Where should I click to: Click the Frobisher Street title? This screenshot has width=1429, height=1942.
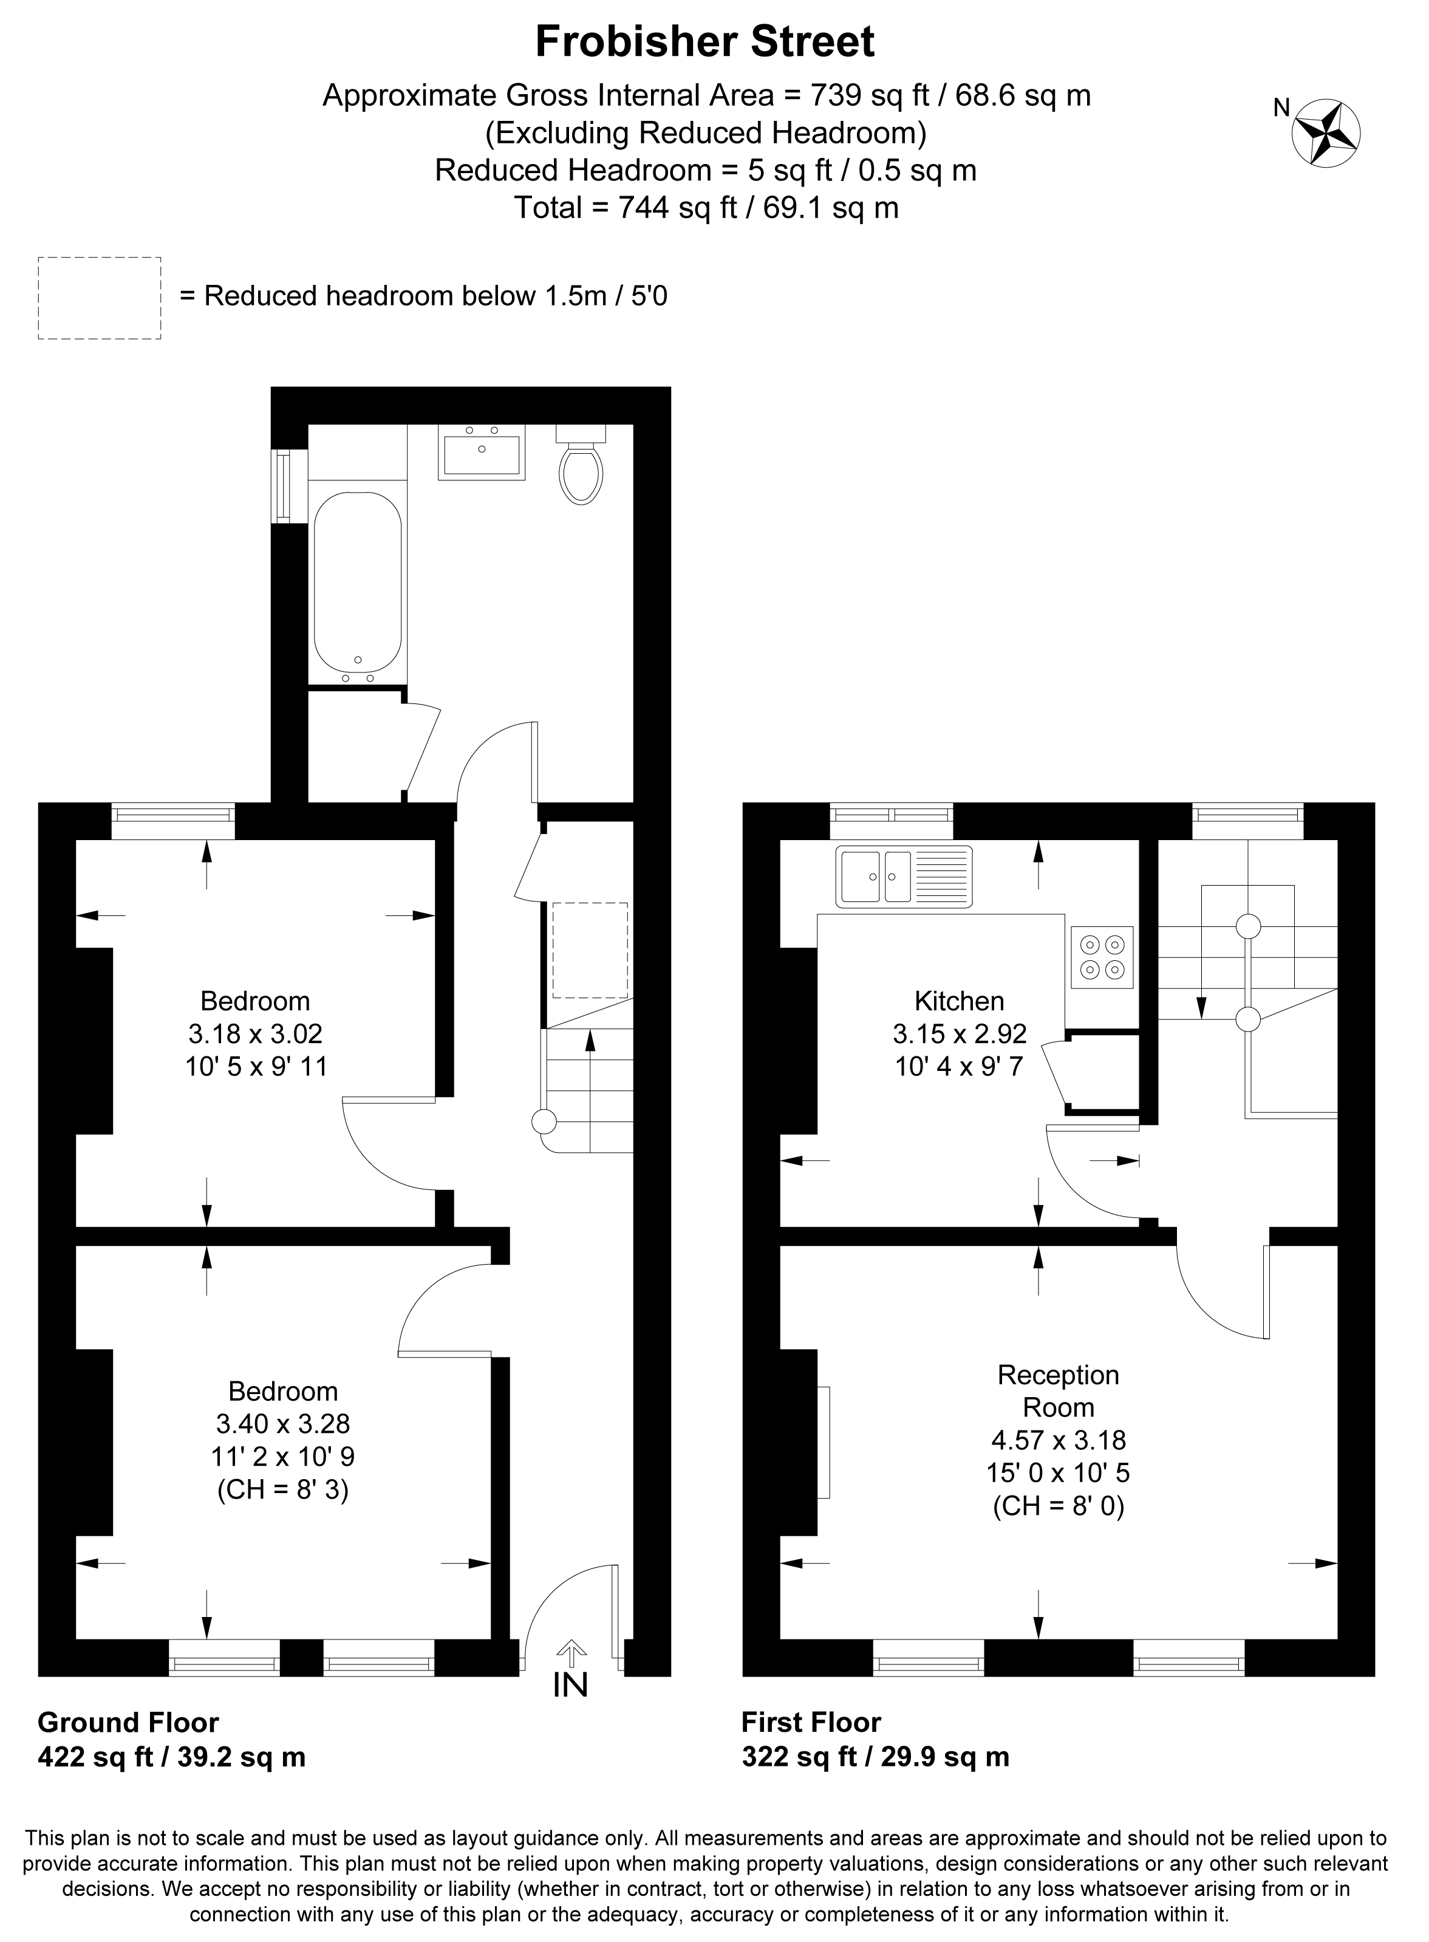tap(705, 41)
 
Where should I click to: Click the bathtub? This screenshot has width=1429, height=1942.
tap(357, 587)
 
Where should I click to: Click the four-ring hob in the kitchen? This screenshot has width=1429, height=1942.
tap(1102, 957)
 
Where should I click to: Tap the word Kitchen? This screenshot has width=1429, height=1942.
tap(960, 1001)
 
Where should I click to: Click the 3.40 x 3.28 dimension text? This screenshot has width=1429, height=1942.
tap(283, 1423)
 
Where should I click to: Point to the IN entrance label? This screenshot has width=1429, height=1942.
tap(570, 1685)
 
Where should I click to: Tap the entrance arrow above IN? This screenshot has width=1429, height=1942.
tap(570, 1654)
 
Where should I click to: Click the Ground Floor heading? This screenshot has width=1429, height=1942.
tap(128, 1723)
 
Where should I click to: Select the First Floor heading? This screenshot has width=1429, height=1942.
tap(811, 1723)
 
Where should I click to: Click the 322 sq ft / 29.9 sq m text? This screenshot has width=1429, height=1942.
tap(875, 1757)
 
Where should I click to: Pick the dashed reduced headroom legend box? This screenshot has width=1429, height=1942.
tap(100, 298)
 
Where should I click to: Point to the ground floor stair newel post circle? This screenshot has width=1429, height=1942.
tap(543, 1122)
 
